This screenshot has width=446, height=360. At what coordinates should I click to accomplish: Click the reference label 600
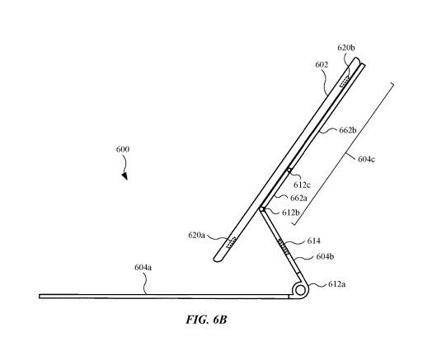tap(123, 149)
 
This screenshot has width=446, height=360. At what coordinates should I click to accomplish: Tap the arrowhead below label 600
tap(124, 176)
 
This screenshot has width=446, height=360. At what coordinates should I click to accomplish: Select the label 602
tap(322, 65)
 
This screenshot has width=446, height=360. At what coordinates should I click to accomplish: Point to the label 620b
tap(346, 48)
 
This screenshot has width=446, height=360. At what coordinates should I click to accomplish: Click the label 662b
tap(348, 130)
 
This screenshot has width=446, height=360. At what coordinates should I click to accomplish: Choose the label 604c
tap(366, 159)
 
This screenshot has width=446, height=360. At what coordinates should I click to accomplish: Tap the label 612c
tap(302, 185)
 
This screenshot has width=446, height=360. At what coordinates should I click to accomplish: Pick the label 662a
tap(298, 198)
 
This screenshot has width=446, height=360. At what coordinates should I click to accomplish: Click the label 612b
tap(291, 213)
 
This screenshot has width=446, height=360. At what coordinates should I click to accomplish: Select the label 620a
tap(196, 236)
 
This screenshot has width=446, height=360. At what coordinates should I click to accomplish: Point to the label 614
tap(314, 241)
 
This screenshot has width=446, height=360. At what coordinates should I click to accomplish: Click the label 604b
tap(325, 256)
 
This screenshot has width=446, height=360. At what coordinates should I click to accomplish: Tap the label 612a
tap(337, 284)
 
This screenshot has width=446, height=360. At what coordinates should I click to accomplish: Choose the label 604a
tap(143, 268)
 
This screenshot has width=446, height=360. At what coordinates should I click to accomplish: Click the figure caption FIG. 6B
tap(206, 320)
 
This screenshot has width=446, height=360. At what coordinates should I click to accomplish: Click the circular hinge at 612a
tap(300, 290)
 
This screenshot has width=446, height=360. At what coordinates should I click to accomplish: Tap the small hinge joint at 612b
tap(261, 209)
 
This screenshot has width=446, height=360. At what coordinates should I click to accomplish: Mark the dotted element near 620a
tap(231, 243)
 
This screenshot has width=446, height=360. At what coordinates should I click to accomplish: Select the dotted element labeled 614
tap(284, 247)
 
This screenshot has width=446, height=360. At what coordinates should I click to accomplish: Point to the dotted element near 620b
tap(345, 81)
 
